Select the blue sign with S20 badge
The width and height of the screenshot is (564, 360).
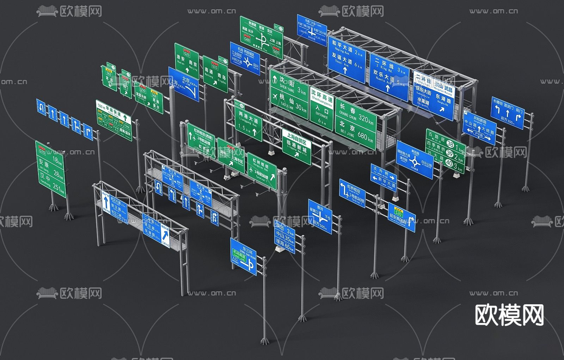tap(401, 217)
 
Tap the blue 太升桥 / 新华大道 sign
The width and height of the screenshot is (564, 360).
tap(384, 178)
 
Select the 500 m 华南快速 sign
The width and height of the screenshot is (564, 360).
tap(114, 120)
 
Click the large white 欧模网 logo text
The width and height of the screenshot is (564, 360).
tap(509, 315)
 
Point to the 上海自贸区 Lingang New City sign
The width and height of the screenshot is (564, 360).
tap(296, 147)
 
